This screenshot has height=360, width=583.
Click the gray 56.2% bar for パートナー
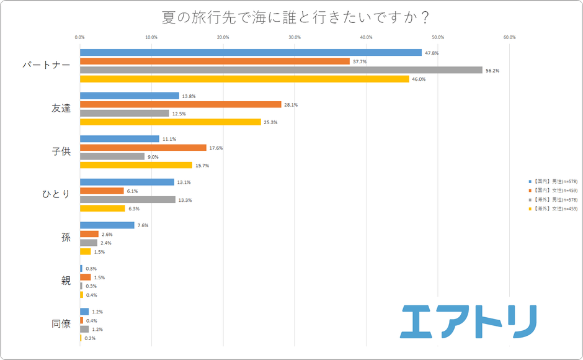(281, 70)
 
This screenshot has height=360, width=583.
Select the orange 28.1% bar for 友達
(180, 105)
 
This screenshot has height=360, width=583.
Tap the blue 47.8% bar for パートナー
(251, 53)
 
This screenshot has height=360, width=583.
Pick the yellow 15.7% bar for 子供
(136, 165)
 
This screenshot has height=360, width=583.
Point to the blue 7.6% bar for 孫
(107, 225)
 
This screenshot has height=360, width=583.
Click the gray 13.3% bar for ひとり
(127, 200)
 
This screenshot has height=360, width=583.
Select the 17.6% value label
(216, 148)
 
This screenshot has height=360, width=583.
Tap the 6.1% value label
(132, 191)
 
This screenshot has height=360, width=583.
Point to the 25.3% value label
(270, 122)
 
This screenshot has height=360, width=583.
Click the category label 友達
(61, 109)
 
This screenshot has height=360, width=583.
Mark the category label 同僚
(61, 324)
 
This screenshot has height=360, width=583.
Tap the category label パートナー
(46, 65)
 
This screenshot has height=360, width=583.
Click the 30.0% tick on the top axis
(295, 37)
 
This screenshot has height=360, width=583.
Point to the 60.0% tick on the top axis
(509, 37)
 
